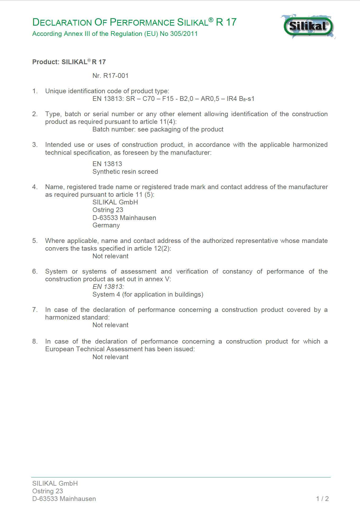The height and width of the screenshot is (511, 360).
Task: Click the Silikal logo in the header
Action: (308, 26)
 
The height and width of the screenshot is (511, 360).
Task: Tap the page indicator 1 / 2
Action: (322, 499)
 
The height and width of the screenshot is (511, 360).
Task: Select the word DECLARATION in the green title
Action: (62, 22)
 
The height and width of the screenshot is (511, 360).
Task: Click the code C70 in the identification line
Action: (149, 99)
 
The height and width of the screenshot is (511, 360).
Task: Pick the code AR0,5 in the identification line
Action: (210, 99)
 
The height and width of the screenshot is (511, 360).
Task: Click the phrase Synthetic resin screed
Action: (125, 172)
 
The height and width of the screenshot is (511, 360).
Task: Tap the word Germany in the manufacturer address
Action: (106, 225)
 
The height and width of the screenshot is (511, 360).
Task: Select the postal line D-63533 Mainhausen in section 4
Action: (124, 218)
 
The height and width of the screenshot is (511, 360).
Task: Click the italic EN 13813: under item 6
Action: (108, 287)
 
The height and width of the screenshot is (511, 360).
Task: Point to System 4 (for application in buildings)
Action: (148, 294)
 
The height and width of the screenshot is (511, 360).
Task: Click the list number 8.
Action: (35, 341)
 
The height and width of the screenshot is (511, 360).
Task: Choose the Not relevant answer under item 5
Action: (110, 256)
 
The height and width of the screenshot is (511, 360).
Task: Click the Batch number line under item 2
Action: (158, 129)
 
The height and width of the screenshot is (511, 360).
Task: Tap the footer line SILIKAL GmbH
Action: (55, 483)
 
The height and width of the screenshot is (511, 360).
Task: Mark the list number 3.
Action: (35, 145)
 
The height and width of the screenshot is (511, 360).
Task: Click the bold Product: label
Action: (46, 62)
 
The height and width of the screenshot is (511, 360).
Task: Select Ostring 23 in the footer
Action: (48, 491)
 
